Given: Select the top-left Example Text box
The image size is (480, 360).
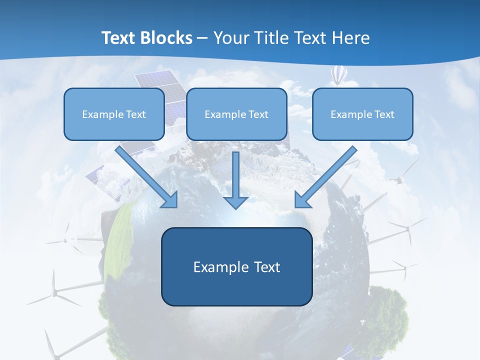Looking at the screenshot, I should click(114, 114).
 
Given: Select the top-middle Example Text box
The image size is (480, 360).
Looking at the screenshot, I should click(236, 114).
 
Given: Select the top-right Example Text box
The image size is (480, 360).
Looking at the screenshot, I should click(362, 114).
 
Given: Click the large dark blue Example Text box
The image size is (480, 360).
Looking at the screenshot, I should click(236, 266).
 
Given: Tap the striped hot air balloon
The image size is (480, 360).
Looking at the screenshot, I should click(339, 75).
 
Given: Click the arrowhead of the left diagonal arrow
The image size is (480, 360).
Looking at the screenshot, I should click(170, 199).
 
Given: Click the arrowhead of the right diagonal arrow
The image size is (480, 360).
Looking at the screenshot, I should click(302, 199).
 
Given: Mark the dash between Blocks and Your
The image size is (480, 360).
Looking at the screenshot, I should click(202, 38).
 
